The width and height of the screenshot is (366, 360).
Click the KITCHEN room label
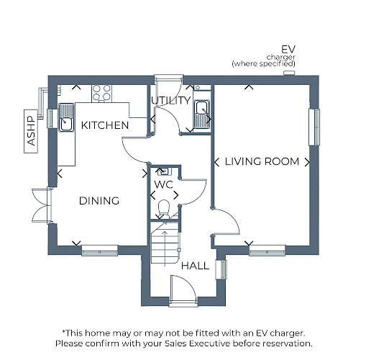coord(105,125)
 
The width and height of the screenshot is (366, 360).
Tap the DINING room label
coord(99,201)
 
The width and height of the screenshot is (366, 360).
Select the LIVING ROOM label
coord(262,161)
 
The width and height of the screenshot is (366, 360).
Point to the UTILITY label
coord(171,100)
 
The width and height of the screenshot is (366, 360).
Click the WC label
coord(163,184)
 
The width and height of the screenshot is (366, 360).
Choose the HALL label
coord(195,266)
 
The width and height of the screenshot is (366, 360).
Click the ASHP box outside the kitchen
coord(31,131)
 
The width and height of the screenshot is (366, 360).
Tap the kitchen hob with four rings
coord(101,93)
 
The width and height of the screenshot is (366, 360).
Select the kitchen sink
coord(66,117)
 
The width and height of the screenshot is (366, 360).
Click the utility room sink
coord(202,114)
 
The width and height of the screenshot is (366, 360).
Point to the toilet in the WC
coord(164,208)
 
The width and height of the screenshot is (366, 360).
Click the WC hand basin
coord(165,171)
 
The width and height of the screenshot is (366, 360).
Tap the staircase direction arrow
coord(165,248)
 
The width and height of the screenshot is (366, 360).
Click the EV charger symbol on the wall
coord(289,73)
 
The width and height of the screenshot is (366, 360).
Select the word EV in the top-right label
coord(288,50)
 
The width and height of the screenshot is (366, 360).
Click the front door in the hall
coord(183,290)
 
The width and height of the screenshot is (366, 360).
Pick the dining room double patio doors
coord(42,205)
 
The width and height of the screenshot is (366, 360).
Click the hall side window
coord(221,269)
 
